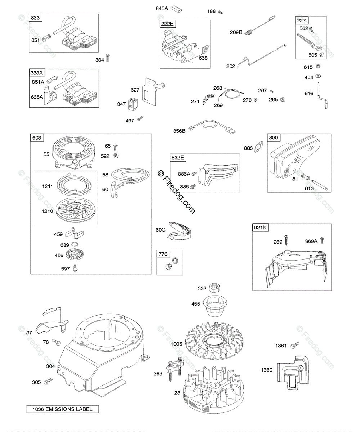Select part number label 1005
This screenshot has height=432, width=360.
[176, 344]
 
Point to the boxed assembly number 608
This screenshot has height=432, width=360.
[37, 138]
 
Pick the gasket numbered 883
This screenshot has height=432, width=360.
[258, 148]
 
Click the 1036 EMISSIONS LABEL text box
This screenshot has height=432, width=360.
[62, 409]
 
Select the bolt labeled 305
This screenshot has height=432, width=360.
[48, 381]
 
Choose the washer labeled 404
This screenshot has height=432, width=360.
[319, 76]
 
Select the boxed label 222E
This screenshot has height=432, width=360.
[167, 24]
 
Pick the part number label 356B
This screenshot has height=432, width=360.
[179, 131]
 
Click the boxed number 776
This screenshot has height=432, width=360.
[163, 254]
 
